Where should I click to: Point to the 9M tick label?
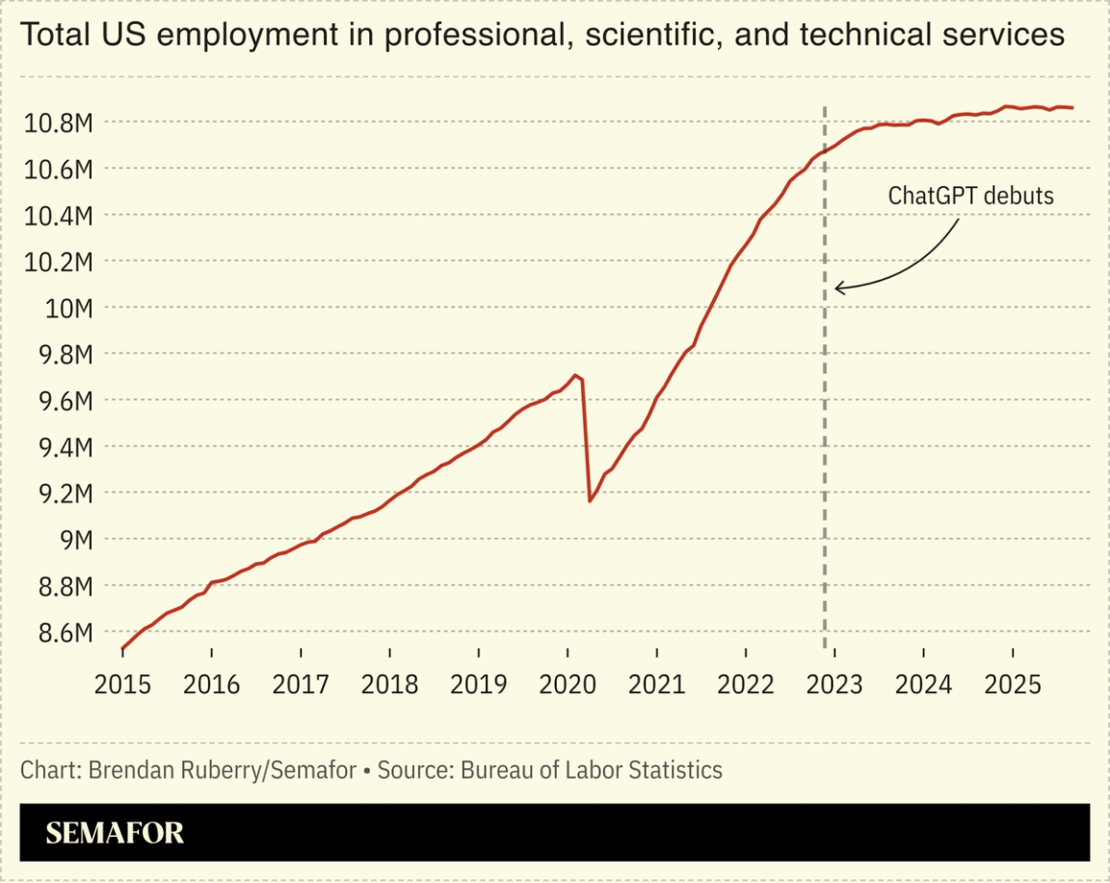click(71, 540)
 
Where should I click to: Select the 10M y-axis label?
click(68, 308)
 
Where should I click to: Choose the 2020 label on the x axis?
click(567, 684)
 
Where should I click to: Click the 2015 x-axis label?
click(122, 684)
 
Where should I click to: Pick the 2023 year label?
click(833, 684)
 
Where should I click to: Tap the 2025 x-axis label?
click(1013, 684)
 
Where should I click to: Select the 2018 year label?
click(389, 684)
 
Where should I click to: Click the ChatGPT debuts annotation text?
click(970, 196)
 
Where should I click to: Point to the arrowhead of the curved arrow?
click(838, 287)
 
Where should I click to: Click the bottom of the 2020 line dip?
click(590, 501)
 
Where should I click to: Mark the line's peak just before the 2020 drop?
click(575, 375)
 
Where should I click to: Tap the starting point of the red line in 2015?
click(122, 649)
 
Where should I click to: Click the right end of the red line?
click(1073, 108)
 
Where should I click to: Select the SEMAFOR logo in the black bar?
click(115, 833)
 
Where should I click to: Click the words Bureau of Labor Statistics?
click(592, 770)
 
